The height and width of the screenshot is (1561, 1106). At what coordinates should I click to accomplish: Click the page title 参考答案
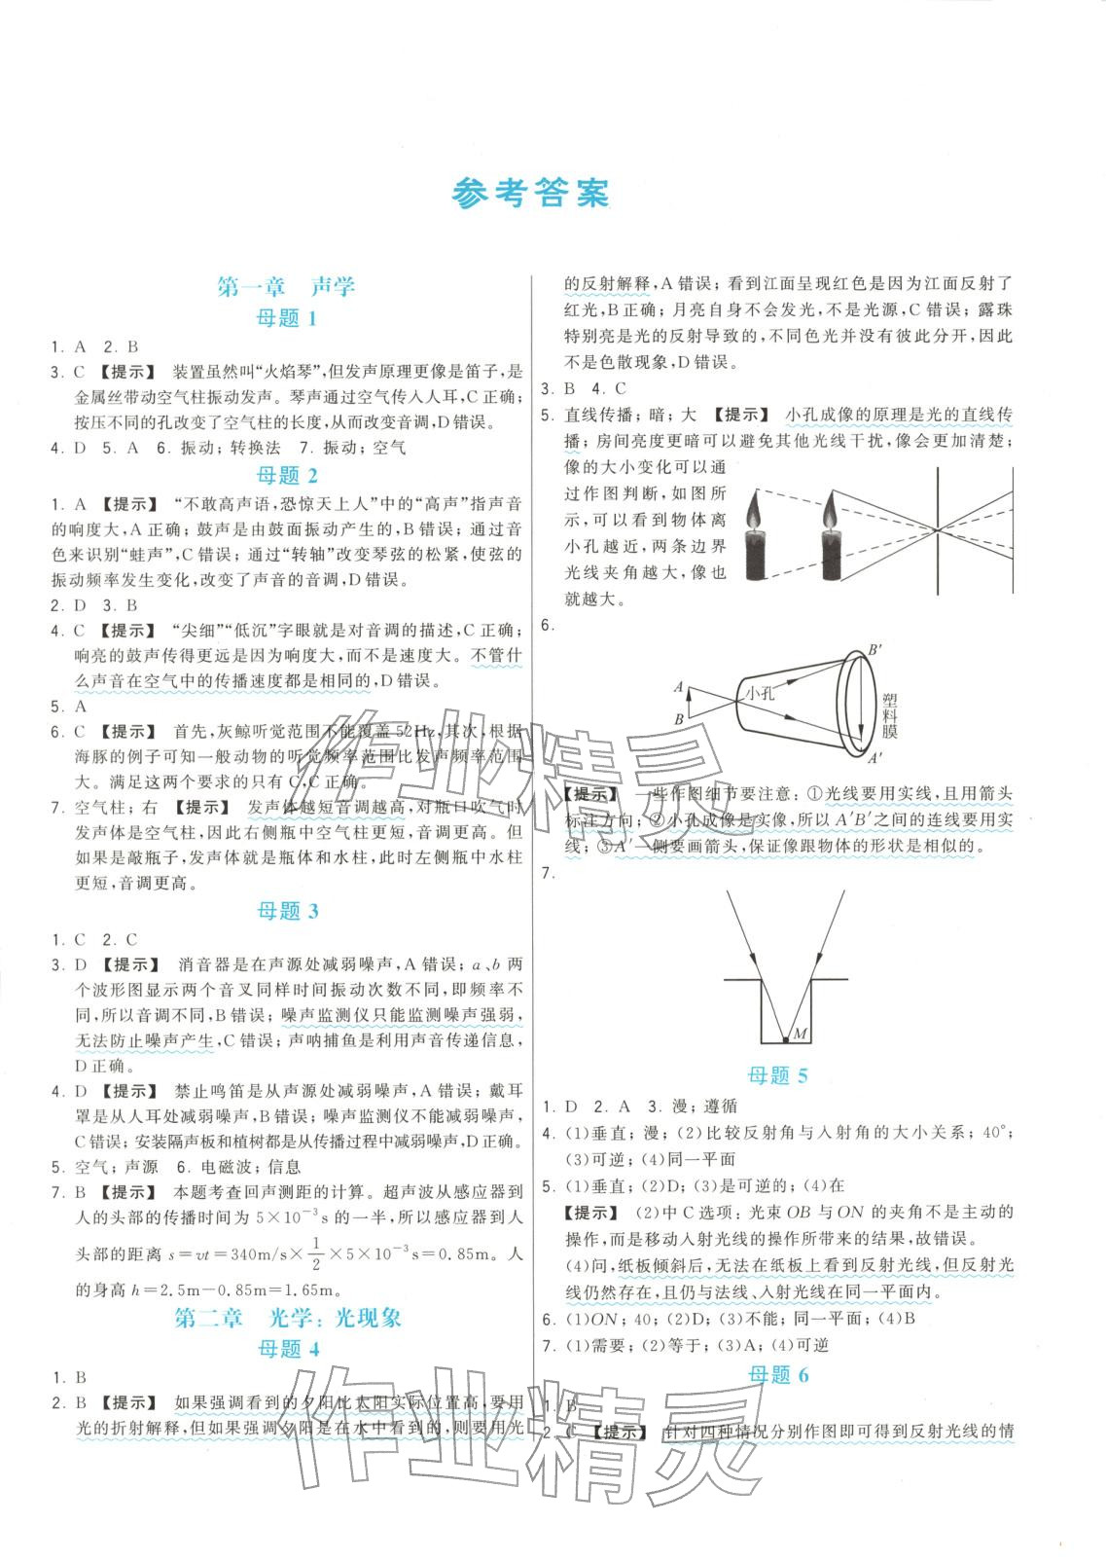click(x=531, y=195)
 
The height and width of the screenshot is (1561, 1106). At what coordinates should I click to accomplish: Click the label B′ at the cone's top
click(x=874, y=648)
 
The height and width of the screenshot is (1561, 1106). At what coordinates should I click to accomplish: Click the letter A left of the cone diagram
click(x=677, y=686)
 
